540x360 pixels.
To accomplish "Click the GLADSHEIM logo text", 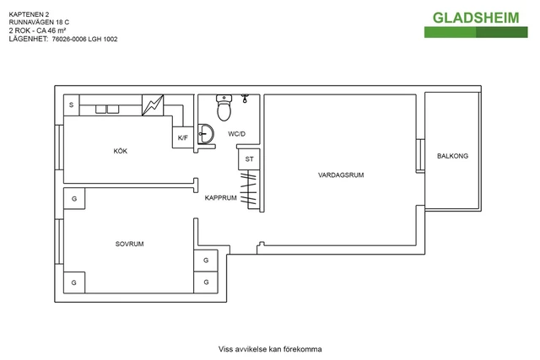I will pos(477,18).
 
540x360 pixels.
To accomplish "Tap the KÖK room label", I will pos(121,151).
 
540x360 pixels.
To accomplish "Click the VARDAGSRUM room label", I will pos(340,175).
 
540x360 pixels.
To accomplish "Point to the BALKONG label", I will pos(452,156).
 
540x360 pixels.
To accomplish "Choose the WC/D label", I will pos(236,134).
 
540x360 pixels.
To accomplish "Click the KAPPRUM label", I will pos(220,197).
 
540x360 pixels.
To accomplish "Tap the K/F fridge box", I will pos(183,137).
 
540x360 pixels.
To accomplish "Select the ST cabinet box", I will pos(249,159).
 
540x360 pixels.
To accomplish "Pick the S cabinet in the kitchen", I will pos(72,105).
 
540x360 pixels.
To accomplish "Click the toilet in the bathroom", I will pos(224,108).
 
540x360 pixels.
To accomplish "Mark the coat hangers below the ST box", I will pos(247,189).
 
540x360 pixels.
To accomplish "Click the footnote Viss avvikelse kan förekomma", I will pos(270,348).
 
